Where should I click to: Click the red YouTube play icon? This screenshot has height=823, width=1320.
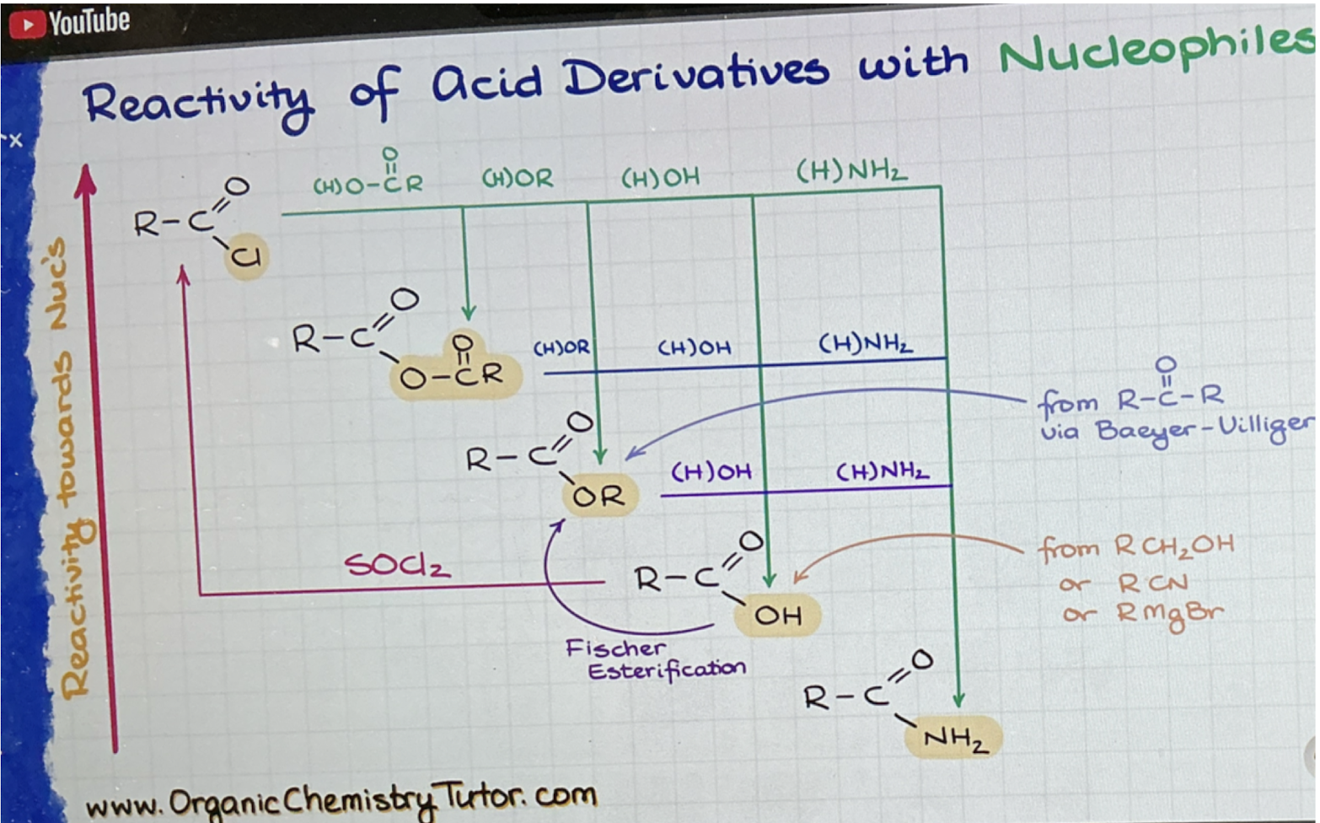click(27, 24)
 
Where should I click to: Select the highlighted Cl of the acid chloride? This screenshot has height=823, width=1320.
click(246, 257)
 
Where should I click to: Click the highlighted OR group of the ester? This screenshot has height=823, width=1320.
click(598, 496)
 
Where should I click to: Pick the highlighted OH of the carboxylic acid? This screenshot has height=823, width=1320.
click(778, 616)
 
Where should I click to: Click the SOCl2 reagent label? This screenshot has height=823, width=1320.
click(397, 566)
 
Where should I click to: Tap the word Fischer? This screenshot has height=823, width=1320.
click(615, 648)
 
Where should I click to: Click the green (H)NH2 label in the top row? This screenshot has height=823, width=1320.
click(851, 171)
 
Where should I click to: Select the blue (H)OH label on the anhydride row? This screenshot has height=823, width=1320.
click(695, 347)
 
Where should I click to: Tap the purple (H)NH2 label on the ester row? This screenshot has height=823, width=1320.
click(883, 471)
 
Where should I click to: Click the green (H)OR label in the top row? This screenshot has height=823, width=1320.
click(518, 178)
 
